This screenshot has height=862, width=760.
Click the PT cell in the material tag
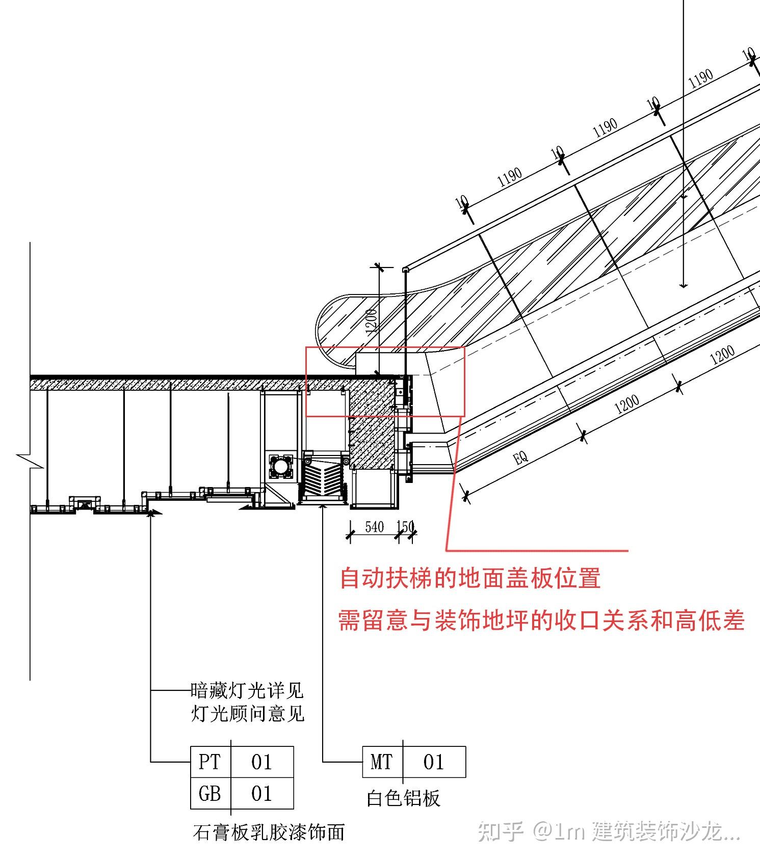pos(209,762)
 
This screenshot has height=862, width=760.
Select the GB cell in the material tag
pos(209,793)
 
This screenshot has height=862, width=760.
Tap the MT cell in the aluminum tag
pos(382,762)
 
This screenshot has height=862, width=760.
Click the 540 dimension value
pos(374,527)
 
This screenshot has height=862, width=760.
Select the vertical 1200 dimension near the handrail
pos(372,320)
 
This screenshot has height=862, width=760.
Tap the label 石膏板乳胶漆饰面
pos(269,832)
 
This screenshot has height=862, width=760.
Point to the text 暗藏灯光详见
pos(247,691)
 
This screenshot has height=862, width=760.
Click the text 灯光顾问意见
pos(248,713)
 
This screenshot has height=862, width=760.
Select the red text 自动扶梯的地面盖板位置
pos(470,579)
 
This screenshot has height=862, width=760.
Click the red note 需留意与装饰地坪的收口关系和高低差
pos(541,621)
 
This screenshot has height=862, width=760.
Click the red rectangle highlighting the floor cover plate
pos(385,348)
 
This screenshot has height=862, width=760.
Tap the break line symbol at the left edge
pos(25,459)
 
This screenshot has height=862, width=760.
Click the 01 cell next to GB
pos(261,793)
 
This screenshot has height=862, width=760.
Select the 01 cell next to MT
pos(434,762)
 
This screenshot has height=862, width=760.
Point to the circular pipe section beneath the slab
pos(280,466)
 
